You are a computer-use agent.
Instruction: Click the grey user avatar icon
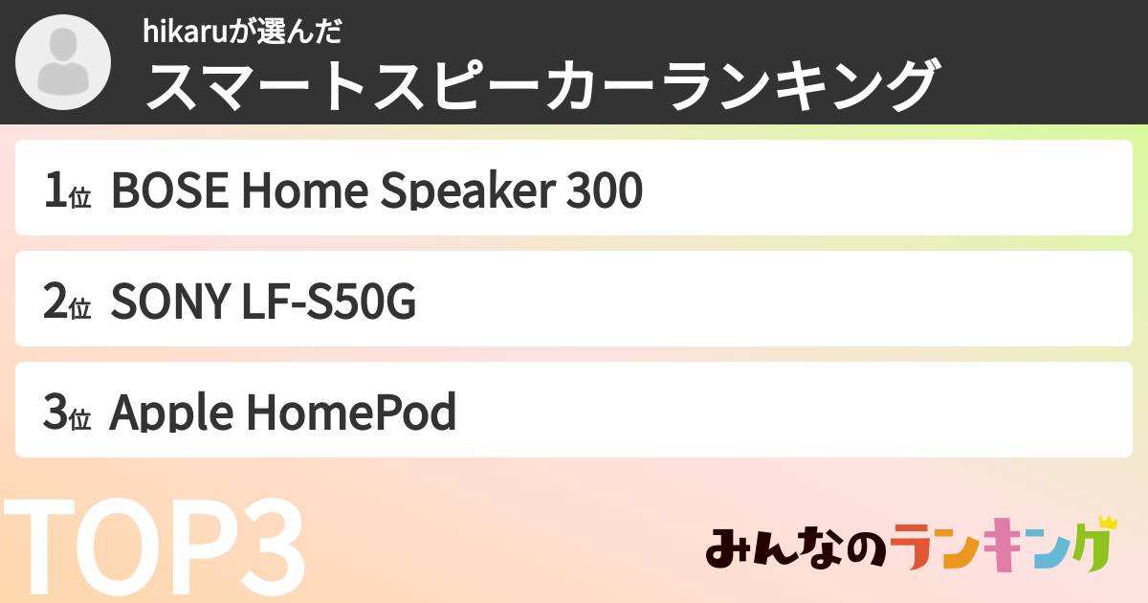point(64,63)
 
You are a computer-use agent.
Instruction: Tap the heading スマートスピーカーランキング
point(541,87)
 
